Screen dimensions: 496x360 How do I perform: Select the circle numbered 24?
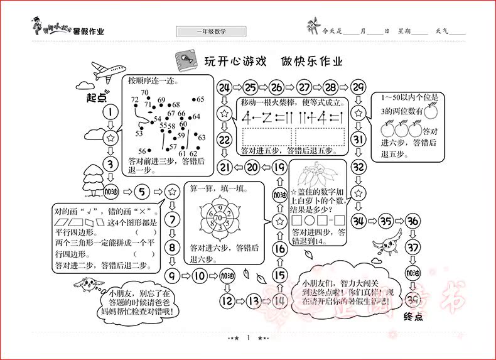click(x=225, y=87)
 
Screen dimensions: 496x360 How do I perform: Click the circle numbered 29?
click(x=358, y=87)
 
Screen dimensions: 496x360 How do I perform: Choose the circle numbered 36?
click(x=412, y=221)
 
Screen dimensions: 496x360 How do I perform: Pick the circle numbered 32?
click(x=358, y=166)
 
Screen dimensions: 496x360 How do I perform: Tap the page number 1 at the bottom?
click(x=249, y=338)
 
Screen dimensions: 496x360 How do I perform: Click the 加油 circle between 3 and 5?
click(x=111, y=191)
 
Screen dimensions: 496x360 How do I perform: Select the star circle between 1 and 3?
click(x=111, y=138)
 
